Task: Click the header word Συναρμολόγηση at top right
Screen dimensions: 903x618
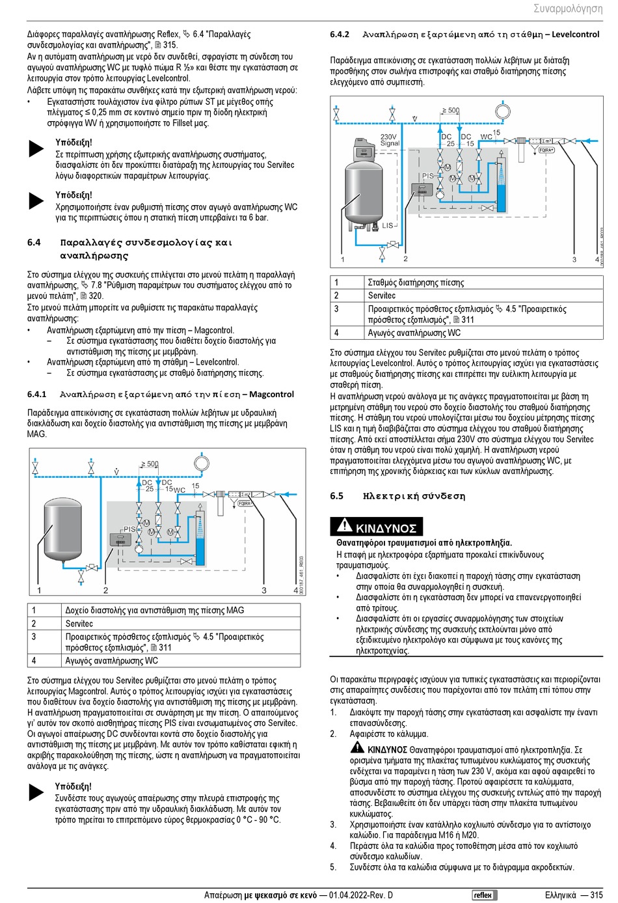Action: [567, 8]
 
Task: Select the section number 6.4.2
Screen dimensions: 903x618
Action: [340, 35]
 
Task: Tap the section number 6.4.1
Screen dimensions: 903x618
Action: [36, 395]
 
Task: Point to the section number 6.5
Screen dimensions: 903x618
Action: [336, 496]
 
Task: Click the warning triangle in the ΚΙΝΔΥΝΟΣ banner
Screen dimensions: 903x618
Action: [343, 527]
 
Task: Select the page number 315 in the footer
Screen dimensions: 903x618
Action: [596, 895]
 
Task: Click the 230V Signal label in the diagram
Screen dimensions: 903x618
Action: [390, 140]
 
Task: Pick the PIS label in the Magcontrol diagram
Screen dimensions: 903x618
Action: [129, 529]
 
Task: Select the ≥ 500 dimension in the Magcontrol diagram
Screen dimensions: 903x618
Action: [150, 464]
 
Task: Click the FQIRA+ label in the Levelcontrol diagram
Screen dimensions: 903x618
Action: [546, 150]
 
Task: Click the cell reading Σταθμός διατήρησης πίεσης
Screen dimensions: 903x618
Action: [416, 283]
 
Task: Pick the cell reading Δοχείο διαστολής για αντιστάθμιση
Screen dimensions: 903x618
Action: [154, 611]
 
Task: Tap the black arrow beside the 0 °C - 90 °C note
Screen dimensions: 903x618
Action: [36, 792]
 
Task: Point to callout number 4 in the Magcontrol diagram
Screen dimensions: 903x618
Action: [295, 590]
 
